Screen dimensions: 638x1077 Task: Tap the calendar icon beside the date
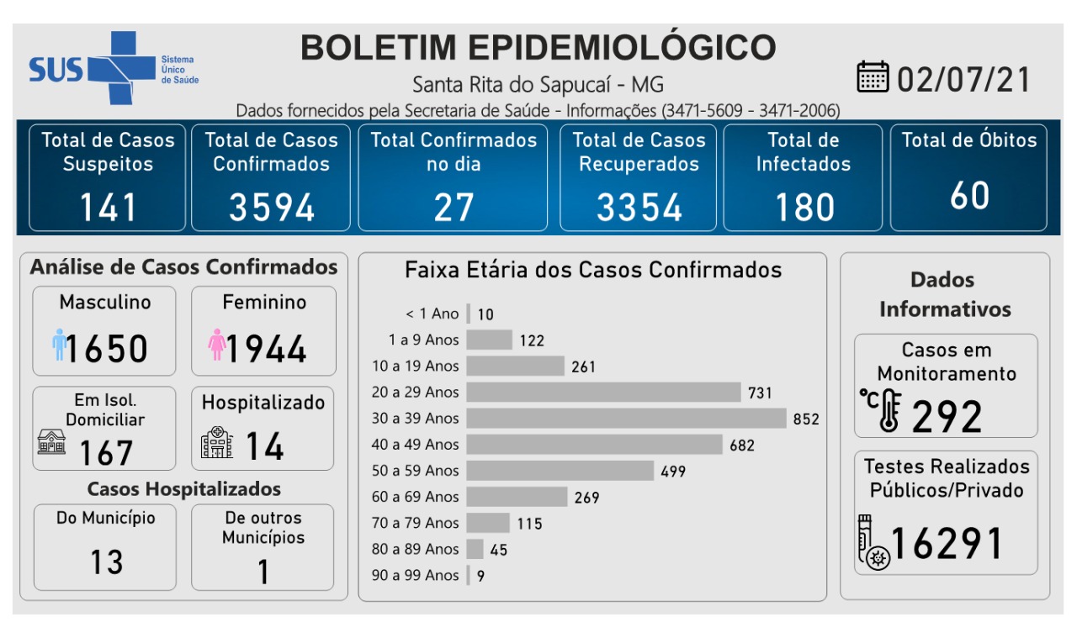873,77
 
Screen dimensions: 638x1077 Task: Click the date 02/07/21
964,79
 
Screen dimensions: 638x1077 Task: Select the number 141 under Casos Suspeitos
108,208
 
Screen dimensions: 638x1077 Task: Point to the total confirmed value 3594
272,208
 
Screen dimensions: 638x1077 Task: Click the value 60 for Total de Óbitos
969,196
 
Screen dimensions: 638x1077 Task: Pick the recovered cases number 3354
639,208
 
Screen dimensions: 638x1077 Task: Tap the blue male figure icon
59,345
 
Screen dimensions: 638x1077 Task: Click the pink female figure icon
217,345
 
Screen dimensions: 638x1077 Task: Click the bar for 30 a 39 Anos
626,418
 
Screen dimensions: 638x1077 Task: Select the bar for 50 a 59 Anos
560,471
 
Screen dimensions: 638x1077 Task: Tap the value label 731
759,393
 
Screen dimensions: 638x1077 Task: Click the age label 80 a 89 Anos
416,549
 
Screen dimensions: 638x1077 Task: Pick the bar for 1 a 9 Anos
489,340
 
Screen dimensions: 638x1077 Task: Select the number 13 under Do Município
107,562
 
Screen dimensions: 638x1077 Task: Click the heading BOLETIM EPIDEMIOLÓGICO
538,48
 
